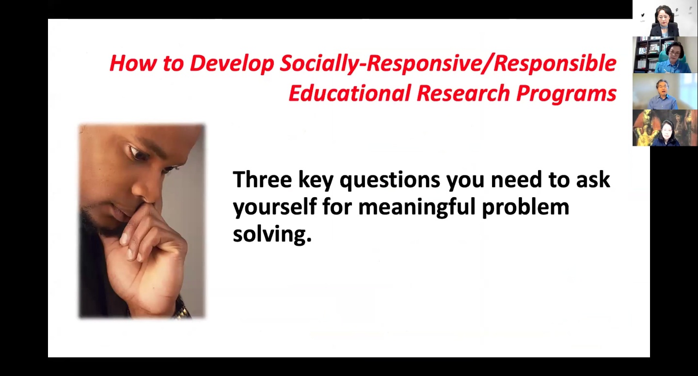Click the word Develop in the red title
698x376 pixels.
pyautogui.click(x=232, y=64)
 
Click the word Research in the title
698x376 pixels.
pyautogui.click(x=463, y=93)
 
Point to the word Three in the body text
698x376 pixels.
pyautogui.click(x=262, y=179)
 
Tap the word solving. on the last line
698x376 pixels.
pyautogui.click(x=272, y=235)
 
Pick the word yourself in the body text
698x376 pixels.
pyautogui.click(x=275, y=207)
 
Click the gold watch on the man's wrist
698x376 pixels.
pyautogui.click(x=182, y=310)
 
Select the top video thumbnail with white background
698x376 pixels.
pyautogui.click(x=665, y=18)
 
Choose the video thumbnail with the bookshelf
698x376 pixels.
pyautogui.click(x=665, y=55)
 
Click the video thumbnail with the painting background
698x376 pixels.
pyautogui.click(x=665, y=128)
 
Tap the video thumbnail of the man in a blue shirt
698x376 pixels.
pyautogui.click(x=665, y=91)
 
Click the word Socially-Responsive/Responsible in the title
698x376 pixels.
pyautogui.click(x=448, y=64)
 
